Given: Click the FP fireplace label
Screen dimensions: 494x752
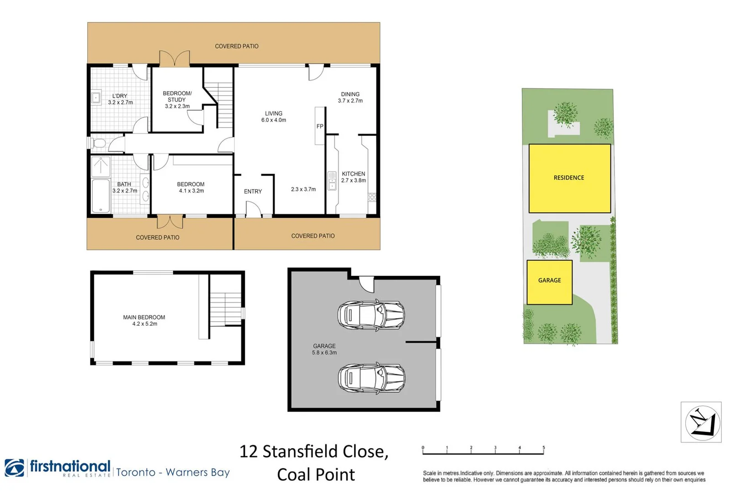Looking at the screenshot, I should click(x=320, y=126).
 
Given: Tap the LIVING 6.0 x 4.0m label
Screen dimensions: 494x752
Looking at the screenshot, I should click(x=274, y=117).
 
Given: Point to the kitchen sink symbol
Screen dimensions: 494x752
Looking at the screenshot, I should click(x=332, y=181).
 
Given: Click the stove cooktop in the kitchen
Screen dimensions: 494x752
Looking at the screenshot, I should click(x=372, y=197).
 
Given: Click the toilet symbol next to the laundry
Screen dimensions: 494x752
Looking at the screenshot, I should click(x=98, y=144).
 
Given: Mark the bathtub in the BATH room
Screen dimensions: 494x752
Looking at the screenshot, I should click(x=101, y=196).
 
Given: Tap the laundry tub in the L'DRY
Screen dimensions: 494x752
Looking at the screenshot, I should click(x=96, y=97).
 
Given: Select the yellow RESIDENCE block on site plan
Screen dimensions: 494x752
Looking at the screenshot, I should click(x=569, y=178).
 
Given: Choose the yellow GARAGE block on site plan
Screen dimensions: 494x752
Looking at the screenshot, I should click(x=549, y=282).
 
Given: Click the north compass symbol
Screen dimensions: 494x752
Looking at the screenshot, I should click(x=702, y=422).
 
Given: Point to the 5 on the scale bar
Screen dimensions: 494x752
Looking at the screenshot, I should click(x=543, y=448).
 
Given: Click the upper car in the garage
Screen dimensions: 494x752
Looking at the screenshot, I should click(x=371, y=315).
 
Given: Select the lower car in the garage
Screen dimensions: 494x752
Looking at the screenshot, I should click(x=371, y=378).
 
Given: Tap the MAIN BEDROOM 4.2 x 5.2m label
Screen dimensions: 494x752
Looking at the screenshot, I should click(x=144, y=320).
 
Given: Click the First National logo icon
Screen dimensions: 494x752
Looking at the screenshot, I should click(x=15, y=467).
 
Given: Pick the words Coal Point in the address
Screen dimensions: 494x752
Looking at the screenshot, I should click(x=316, y=474).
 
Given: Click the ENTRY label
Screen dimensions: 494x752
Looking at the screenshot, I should click(x=253, y=192).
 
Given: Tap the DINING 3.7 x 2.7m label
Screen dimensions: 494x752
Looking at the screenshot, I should click(x=350, y=97).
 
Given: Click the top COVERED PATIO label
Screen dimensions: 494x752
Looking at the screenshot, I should click(x=237, y=46).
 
